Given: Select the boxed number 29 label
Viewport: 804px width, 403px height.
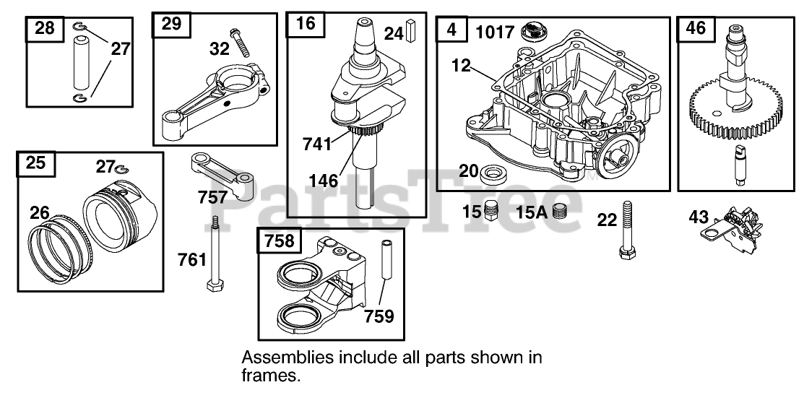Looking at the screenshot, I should [x=171, y=25].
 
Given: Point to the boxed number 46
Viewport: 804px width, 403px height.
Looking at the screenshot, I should [x=696, y=29].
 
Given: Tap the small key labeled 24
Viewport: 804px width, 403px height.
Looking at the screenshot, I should [x=412, y=32].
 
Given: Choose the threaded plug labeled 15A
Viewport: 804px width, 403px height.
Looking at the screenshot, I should [x=558, y=212].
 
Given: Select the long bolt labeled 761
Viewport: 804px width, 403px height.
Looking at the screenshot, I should [x=214, y=254].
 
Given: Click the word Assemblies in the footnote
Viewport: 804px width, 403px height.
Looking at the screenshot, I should [x=280, y=357].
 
